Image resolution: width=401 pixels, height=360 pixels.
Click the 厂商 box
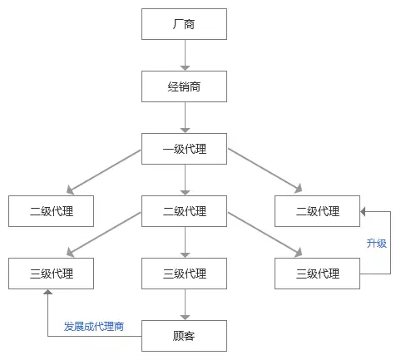184,24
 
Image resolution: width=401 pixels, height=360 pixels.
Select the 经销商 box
184,86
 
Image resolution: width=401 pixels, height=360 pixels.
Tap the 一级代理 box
184,149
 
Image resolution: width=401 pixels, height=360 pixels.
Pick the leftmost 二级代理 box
51,211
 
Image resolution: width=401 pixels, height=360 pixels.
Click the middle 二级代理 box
184,211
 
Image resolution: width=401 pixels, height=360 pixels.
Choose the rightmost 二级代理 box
317,211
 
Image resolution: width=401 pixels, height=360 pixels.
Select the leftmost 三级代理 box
51,274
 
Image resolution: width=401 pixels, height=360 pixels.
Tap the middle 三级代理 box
184,274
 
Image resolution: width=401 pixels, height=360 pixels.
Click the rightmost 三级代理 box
317,274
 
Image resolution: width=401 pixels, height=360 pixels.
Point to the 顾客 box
184,336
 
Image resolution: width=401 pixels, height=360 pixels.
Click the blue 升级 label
376,244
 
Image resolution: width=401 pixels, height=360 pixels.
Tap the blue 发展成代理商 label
94,326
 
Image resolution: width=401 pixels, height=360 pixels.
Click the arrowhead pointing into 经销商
185,68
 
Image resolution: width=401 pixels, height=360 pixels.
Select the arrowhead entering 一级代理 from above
185,131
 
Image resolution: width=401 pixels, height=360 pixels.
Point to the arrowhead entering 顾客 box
185,318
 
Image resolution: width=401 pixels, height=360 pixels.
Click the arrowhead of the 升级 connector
363,212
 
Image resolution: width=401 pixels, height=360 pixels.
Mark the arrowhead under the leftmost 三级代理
48,292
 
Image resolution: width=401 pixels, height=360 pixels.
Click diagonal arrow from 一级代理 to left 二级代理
104,171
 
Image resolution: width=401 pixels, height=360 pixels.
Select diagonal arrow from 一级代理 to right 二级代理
265,170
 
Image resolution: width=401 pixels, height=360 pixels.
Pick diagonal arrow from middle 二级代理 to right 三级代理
265,234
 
